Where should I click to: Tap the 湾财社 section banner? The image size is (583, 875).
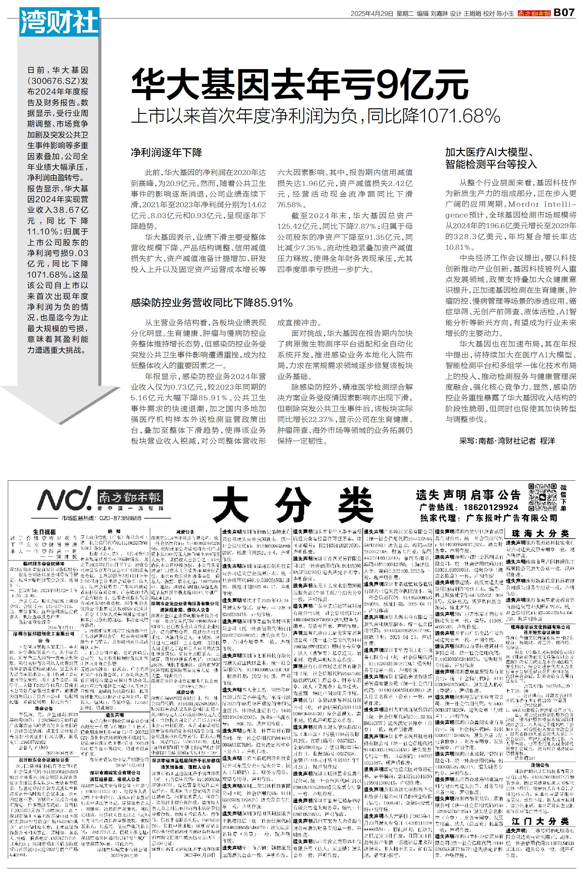59,23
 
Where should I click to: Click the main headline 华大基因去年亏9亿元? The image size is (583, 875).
299,85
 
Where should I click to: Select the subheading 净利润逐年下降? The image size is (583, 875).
166,152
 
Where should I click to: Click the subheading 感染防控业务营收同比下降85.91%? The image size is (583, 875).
212,303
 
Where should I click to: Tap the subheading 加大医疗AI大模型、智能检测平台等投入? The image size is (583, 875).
491,158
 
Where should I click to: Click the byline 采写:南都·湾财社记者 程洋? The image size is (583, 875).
507,441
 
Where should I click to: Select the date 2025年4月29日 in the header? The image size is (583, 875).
372,13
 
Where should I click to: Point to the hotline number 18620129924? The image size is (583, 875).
490,507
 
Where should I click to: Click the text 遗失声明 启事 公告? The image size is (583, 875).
468,495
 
